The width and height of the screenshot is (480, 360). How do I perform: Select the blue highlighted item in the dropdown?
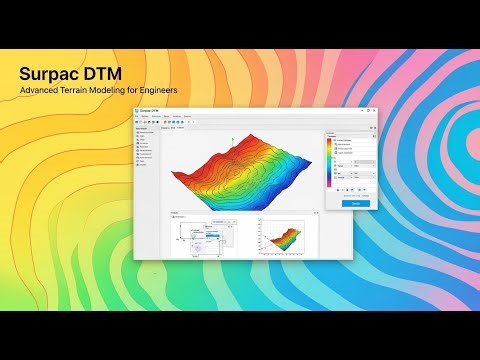[x=212, y=236]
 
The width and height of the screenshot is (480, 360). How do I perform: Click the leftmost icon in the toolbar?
[x=136, y=125]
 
